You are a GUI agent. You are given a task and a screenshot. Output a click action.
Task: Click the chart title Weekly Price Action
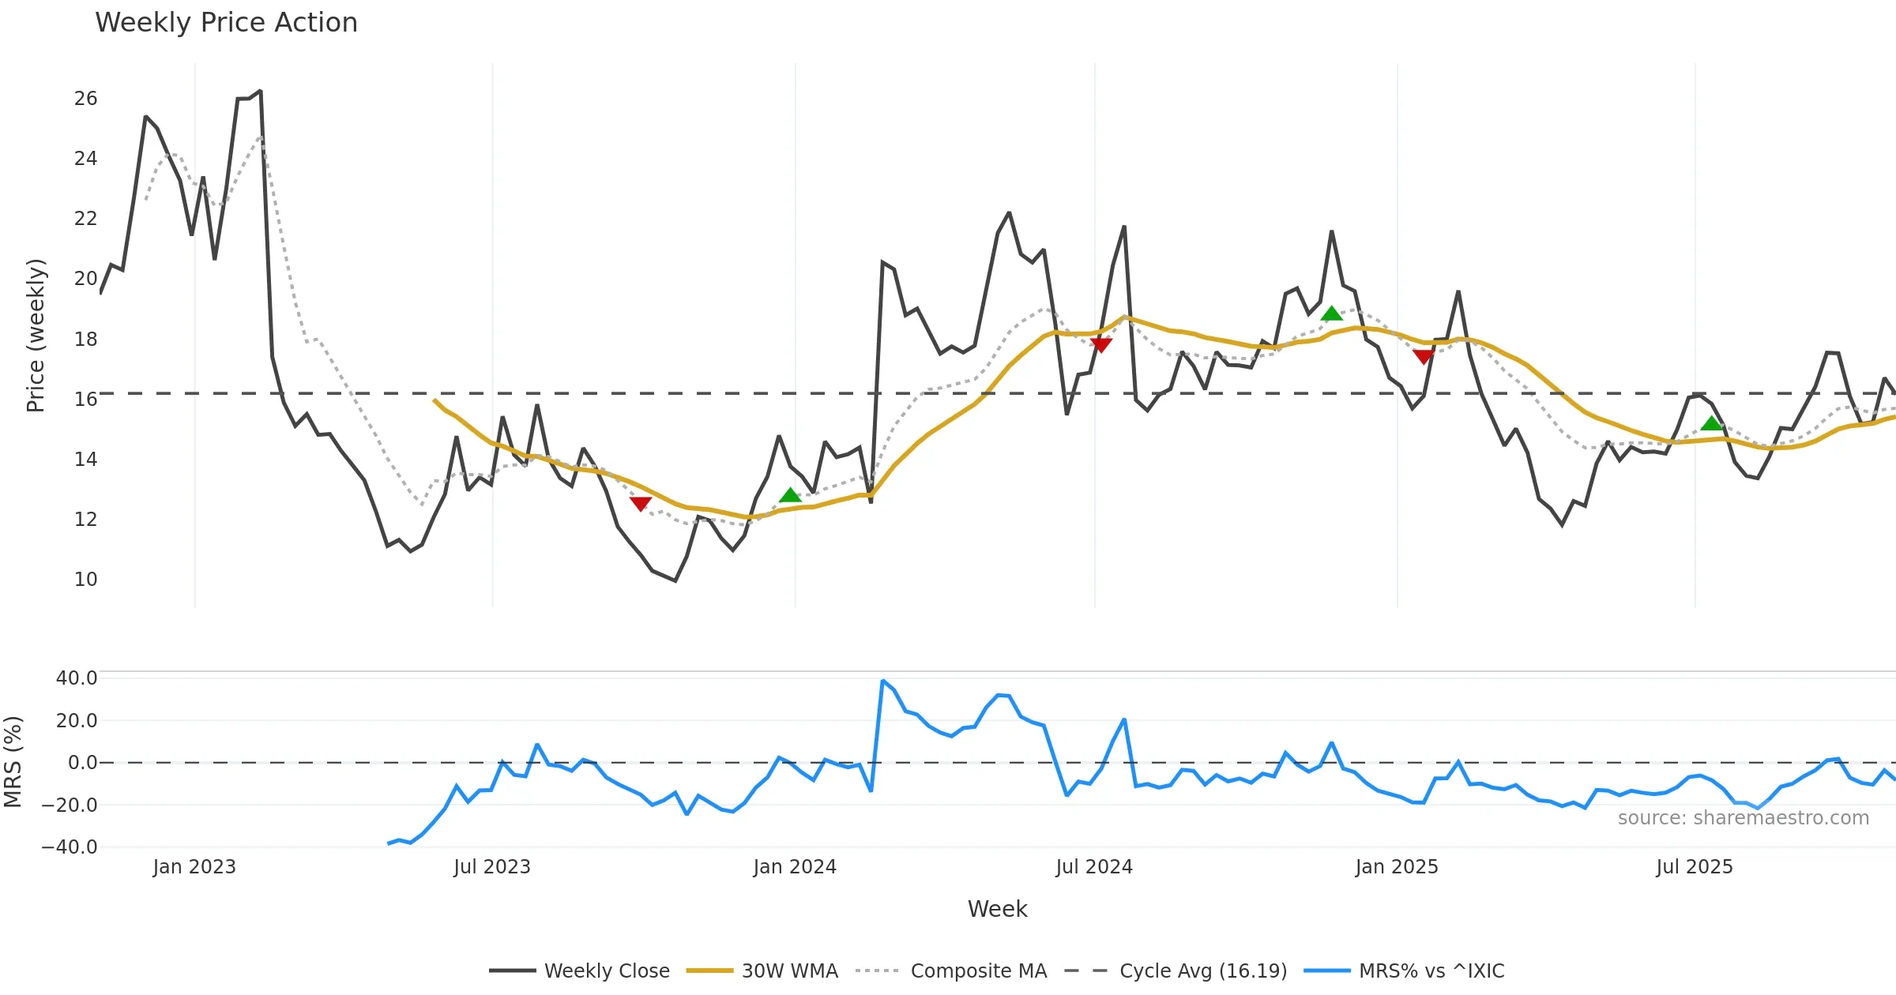tap(226, 23)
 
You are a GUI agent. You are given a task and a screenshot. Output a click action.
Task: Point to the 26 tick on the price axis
tap(85, 99)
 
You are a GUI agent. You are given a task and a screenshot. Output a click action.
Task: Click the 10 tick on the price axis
tap(85, 580)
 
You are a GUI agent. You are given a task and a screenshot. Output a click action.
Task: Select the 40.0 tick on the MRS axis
tap(77, 678)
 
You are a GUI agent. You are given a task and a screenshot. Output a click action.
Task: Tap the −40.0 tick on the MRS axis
tap(70, 847)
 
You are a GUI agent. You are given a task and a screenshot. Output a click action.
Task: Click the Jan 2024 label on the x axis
tap(795, 867)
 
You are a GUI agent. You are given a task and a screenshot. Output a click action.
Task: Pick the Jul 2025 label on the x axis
tap(1695, 867)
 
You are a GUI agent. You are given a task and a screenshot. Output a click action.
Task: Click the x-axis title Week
tap(997, 910)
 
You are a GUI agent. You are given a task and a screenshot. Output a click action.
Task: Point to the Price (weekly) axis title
tap(36, 336)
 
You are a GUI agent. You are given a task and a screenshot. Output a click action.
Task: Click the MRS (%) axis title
tap(13, 762)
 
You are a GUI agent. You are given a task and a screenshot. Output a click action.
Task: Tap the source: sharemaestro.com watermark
tap(1743, 818)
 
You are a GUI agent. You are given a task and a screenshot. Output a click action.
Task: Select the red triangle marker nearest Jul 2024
tap(1100, 344)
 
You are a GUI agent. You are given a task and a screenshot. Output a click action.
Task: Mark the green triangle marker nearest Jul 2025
tap(1711, 423)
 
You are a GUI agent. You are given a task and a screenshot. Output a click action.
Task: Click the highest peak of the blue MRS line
tap(882, 680)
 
